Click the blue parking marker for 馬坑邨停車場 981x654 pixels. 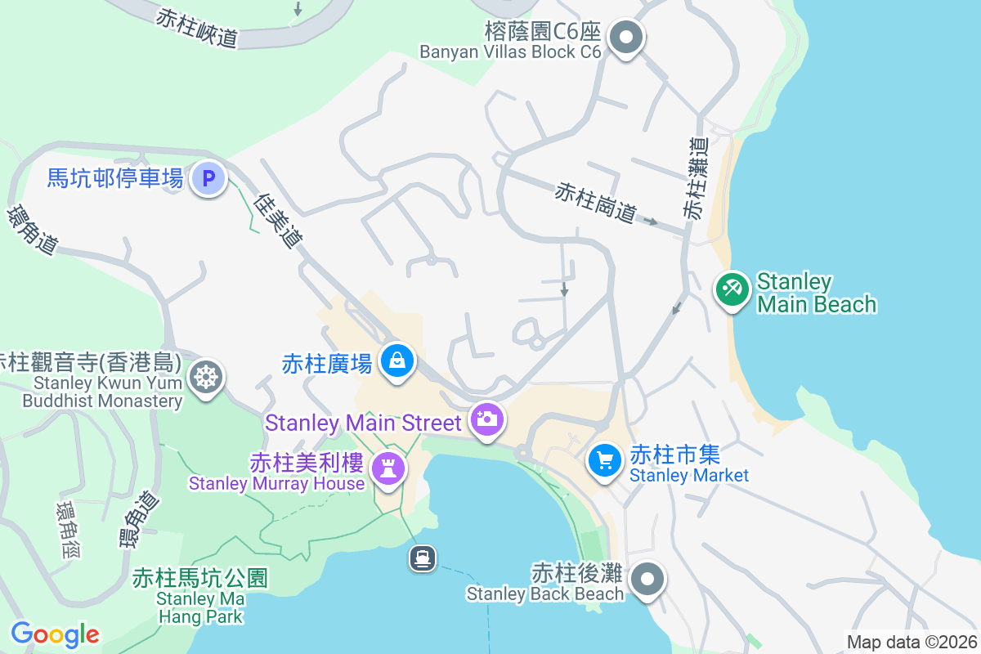point(208,177)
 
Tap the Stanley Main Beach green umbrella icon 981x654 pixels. point(732,290)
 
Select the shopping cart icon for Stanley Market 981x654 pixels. point(605,461)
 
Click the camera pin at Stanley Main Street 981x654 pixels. point(487,419)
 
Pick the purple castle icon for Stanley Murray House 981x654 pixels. point(387,468)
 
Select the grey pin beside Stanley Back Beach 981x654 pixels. point(648,579)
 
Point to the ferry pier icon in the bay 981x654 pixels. point(422,559)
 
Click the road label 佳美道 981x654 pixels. point(278,220)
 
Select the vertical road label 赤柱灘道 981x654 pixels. point(696,178)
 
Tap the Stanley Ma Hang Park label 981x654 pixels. point(200,596)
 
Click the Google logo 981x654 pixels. point(55,634)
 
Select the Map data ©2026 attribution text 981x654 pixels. point(912,643)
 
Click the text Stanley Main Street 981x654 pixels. point(364,423)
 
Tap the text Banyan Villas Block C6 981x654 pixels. point(510,52)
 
